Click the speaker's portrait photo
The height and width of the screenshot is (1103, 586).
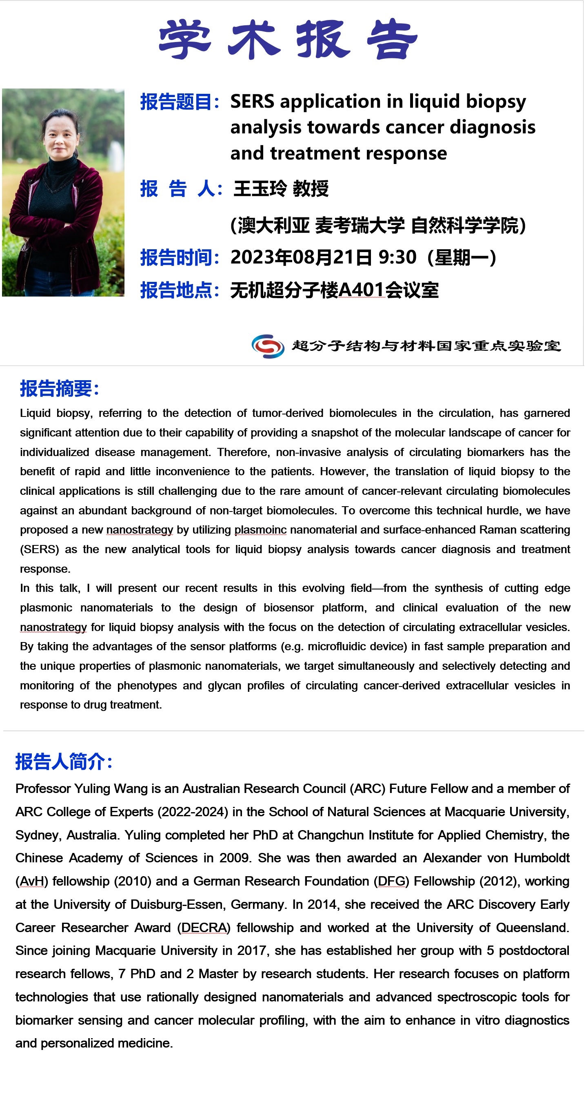pos(63,192)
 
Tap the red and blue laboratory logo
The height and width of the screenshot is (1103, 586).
pos(268,346)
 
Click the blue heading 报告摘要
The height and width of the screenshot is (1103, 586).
pos(59,389)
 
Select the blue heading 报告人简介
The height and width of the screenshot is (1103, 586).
pos(63,762)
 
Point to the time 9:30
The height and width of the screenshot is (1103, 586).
pos(397,257)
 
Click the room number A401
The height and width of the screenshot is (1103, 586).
pos(361,290)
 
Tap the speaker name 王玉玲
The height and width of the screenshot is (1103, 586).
pos(260,188)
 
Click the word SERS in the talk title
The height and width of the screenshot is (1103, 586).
pos(252,102)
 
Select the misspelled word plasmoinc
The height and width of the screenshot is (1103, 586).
pos(260,530)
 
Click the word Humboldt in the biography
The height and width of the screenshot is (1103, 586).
pos(542,858)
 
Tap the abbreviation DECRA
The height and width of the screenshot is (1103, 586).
pos(204,928)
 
